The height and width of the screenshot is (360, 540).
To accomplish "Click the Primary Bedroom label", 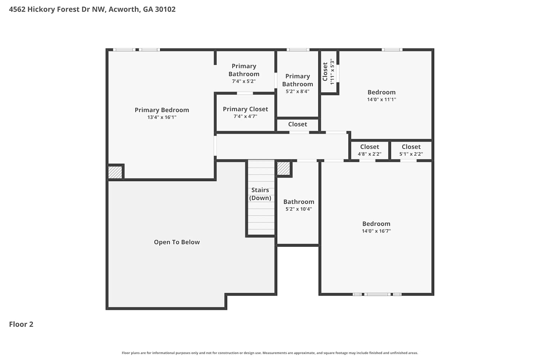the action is tap(162, 110).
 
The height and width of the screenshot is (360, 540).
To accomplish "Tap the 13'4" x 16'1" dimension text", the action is tap(162, 117).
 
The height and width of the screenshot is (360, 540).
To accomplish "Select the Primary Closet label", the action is tap(246, 109).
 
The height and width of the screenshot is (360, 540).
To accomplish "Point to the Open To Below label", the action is tap(177, 242).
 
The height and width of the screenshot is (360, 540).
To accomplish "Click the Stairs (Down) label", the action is tap(260, 194).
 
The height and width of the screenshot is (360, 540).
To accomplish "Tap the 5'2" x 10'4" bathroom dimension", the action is tap(299, 209).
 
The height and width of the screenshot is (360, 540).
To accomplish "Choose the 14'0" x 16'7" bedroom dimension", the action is tap(376, 231).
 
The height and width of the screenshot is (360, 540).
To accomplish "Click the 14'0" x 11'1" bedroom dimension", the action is tap(381, 99).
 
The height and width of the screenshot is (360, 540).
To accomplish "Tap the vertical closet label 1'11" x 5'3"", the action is tap(332, 72).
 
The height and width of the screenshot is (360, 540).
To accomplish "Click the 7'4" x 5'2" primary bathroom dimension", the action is tap(244, 81).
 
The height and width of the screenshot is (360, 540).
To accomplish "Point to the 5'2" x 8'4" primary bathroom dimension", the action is tap(297, 91).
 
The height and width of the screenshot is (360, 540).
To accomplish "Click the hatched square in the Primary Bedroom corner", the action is tap(115, 172).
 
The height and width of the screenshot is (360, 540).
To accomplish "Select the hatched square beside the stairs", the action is tap(283, 168).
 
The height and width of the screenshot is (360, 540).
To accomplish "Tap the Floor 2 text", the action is tap(21, 324).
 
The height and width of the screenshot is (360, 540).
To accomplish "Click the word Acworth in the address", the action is tap(124, 9).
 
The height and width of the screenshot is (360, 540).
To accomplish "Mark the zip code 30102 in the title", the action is tap(165, 9).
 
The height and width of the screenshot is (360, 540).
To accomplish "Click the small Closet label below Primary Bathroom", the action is tap(297, 124).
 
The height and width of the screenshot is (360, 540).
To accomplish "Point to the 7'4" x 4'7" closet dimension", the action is tap(246, 117).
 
